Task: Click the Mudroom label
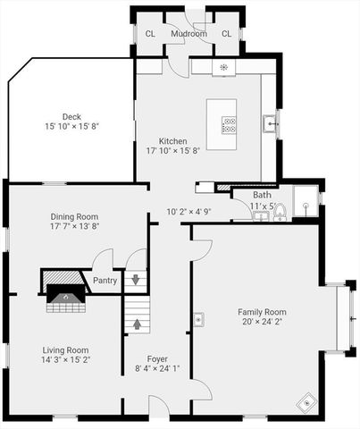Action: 189,34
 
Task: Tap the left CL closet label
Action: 149,34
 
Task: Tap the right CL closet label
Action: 226,34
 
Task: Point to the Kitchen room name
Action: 172,141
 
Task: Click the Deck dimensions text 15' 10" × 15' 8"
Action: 71,126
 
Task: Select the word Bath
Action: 262,195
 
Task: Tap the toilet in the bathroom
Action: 279,212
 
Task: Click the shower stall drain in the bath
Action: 306,205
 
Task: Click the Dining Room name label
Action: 74,216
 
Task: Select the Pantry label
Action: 105,280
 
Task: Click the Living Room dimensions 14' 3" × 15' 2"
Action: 66,361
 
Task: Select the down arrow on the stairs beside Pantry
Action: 136,279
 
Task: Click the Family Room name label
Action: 261,312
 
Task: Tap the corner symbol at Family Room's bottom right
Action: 306,403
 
